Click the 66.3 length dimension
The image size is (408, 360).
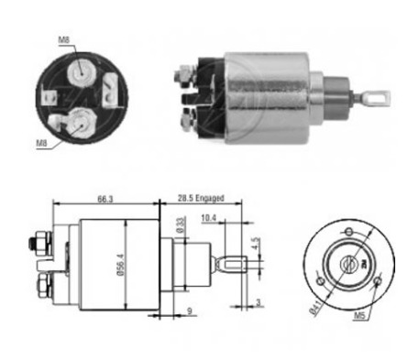click(x=105, y=199)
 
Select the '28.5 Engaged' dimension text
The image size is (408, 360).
click(x=201, y=198)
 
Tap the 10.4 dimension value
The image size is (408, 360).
click(x=208, y=218)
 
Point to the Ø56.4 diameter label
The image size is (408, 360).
click(x=121, y=265)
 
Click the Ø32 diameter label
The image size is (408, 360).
click(x=181, y=224)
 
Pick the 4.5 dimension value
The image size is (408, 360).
click(x=256, y=244)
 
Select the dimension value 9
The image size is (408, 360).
click(x=190, y=311)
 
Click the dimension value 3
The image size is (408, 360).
click(x=259, y=302)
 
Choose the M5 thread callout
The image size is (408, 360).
click(x=359, y=316)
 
